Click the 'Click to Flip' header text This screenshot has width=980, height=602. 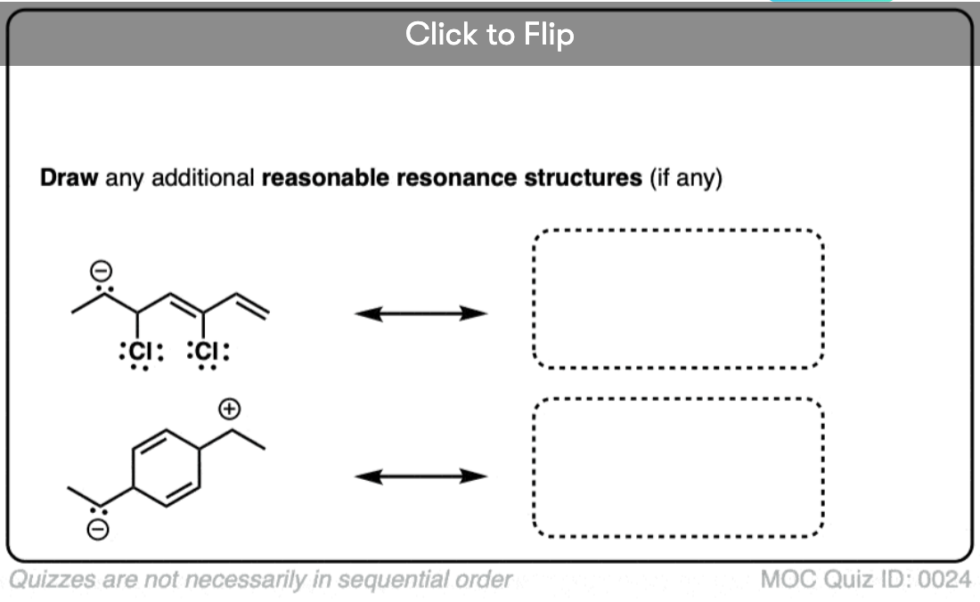[x=489, y=35]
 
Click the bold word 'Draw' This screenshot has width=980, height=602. [x=69, y=178]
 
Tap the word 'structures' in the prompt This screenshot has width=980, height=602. [x=584, y=178]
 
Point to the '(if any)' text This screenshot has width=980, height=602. [x=686, y=179]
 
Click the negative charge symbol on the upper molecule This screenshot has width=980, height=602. [x=102, y=271]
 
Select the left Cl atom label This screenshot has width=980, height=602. [x=142, y=352]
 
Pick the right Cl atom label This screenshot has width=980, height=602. [x=208, y=352]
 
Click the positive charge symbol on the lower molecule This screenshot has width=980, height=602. [x=229, y=409]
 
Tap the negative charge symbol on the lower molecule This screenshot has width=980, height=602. [x=97, y=530]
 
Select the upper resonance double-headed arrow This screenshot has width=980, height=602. [x=421, y=313]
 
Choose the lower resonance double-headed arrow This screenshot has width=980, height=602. [x=421, y=476]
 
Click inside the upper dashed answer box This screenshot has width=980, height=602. [x=678, y=298]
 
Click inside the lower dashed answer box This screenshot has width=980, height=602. [x=678, y=468]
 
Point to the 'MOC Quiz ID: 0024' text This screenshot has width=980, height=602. [x=866, y=580]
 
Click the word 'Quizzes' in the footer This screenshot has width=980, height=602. [x=53, y=580]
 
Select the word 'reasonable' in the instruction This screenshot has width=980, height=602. [x=325, y=178]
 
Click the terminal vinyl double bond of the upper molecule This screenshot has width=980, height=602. [x=252, y=305]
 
